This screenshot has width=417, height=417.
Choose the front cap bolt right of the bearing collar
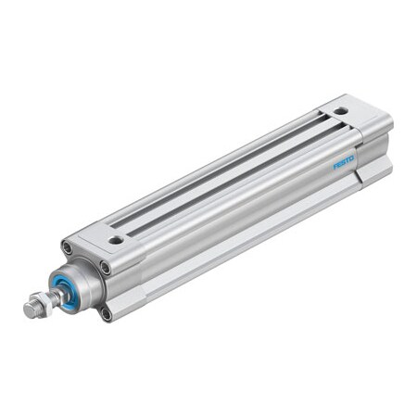[x=106, y=269]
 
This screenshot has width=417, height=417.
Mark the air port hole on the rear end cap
[x=342, y=110]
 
